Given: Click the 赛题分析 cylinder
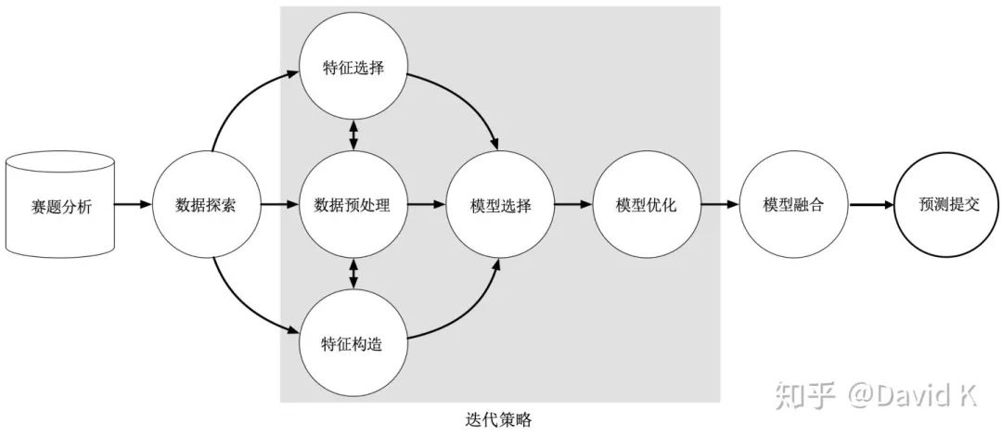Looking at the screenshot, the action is tap(60, 206).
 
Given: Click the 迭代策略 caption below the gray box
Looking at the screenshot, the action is tap(500, 420).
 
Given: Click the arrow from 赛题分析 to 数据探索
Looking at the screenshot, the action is tap(134, 205).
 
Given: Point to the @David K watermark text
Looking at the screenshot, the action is tap(913, 396).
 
